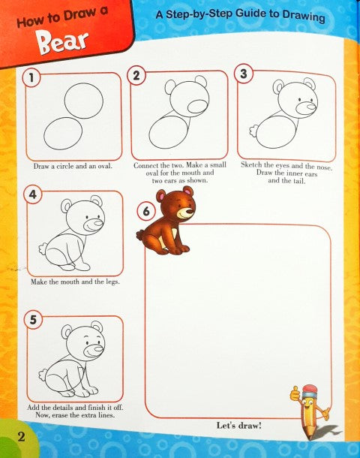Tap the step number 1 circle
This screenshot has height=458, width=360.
30,77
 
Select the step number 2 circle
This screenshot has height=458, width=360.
136,75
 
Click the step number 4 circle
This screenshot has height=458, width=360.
31,196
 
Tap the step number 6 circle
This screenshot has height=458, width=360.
145,212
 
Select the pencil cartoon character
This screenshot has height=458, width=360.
310,410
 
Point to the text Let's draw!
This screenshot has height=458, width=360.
238,426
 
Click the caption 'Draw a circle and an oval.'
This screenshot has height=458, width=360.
73,166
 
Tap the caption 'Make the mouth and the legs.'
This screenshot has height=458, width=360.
75,282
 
